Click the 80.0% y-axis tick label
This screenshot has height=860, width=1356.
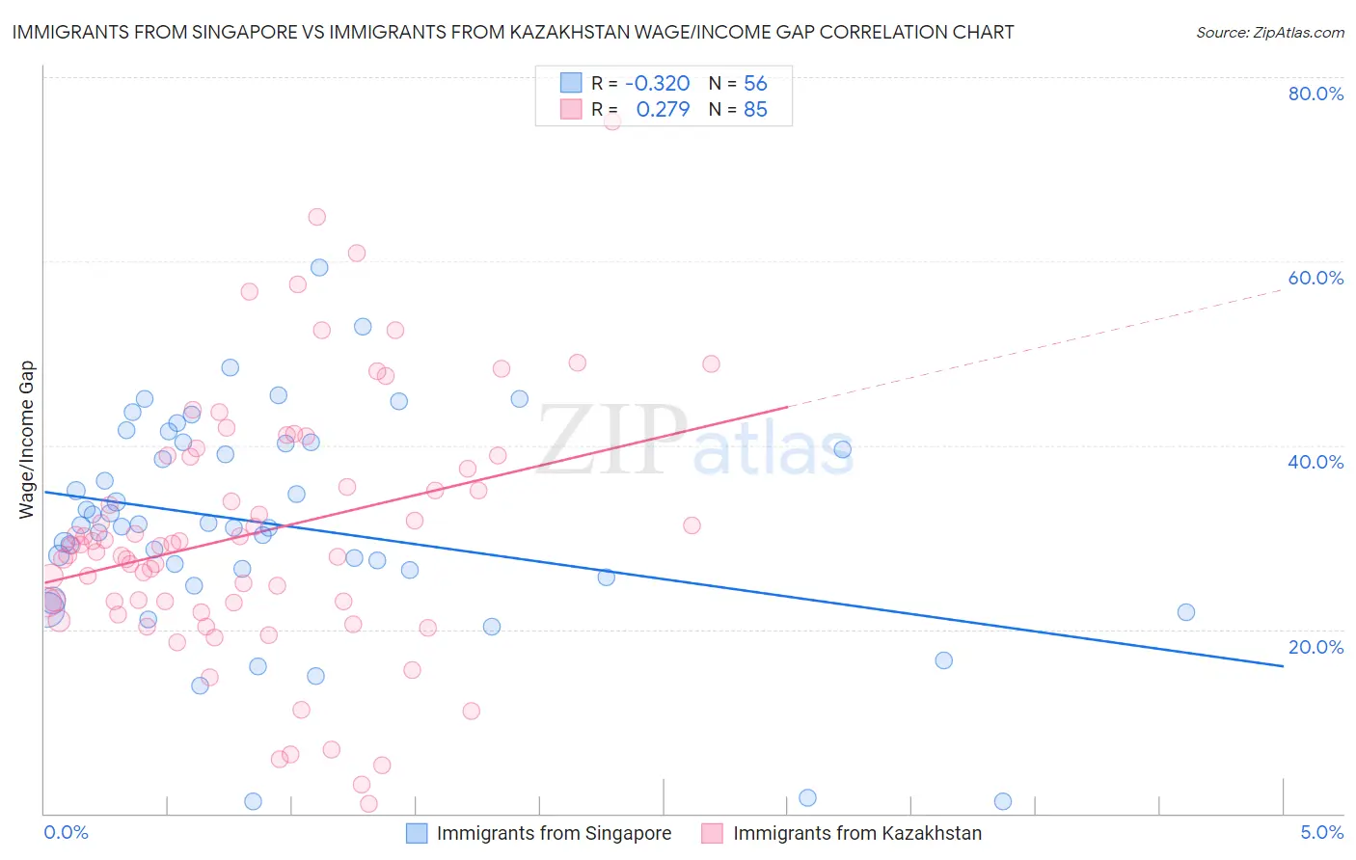(x=1315, y=94)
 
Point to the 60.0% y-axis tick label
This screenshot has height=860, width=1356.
(x=1315, y=278)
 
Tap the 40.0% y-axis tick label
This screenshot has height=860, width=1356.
(x=1315, y=462)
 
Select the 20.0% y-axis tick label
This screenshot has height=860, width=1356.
(x=1315, y=647)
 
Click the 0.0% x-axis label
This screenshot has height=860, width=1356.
(x=66, y=832)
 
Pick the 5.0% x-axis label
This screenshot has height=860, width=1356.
(x=1321, y=832)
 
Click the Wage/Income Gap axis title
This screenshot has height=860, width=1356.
(x=27, y=440)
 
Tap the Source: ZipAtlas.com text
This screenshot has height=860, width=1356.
(x=1269, y=33)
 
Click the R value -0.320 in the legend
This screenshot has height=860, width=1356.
(x=657, y=83)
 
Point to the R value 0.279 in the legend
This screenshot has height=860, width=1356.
(x=663, y=109)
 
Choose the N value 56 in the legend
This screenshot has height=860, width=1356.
(x=755, y=83)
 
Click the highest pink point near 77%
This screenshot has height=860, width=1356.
(x=611, y=121)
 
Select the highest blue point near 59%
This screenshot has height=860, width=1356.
(x=319, y=267)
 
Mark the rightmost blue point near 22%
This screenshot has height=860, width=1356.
(x=1186, y=612)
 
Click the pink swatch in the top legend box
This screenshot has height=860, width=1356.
(x=571, y=109)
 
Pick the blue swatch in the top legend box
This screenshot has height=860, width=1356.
(x=571, y=83)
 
